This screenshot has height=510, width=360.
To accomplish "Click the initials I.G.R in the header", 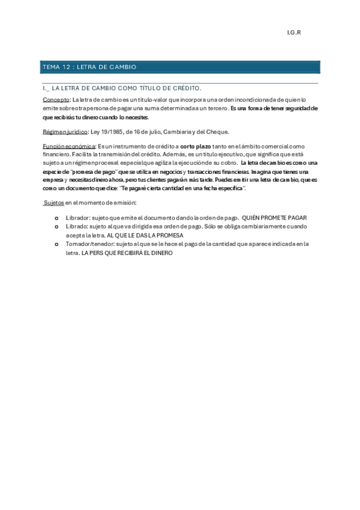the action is click(293, 32).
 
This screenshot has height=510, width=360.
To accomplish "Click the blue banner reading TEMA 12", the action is click(180, 67).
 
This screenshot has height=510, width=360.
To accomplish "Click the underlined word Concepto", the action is click(56, 99).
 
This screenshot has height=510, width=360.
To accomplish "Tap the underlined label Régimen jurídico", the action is click(65, 131).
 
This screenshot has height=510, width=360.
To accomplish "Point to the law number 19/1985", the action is click(111, 131).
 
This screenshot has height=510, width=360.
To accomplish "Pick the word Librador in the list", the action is click(78, 218).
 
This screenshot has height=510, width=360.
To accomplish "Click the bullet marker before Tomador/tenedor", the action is click(56, 245).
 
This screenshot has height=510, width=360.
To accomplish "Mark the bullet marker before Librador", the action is click(56, 218).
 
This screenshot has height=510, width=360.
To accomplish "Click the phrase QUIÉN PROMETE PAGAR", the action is click(275, 218).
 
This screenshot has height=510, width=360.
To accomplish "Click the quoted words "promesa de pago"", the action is click(89, 172).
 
